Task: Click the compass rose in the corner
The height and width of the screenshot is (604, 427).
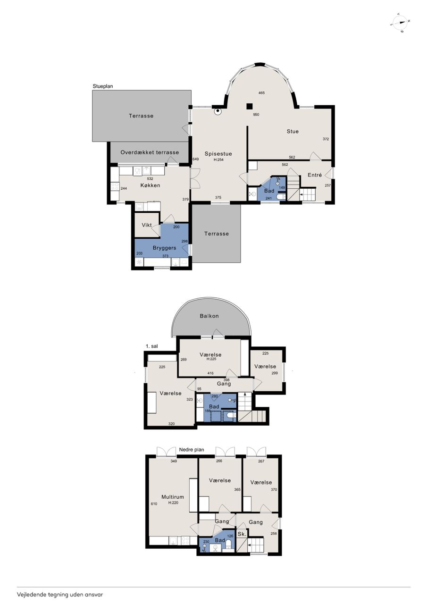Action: [400, 23]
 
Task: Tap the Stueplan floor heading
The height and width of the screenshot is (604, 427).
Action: [103, 86]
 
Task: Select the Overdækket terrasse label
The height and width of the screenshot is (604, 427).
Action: [150, 152]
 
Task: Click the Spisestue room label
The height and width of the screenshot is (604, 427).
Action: [218, 154]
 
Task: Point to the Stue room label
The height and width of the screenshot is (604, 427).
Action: [293, 131]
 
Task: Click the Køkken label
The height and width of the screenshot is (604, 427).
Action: [150, 185]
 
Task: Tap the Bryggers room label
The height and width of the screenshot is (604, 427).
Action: [165, 248]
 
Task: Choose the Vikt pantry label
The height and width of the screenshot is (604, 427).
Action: [147, 225]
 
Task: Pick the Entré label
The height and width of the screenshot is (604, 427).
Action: [315, 175]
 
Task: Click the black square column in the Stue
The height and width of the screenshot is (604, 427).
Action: [250, 106]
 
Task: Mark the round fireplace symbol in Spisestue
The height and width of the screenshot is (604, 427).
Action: [218, 111]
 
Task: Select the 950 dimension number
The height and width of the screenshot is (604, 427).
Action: [256, 115]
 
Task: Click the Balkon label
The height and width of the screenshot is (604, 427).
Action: [209, 316]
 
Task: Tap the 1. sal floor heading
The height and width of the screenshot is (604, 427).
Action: [152, 346]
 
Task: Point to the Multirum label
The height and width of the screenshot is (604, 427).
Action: [173, 496]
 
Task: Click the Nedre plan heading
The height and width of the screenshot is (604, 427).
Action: [192, 450]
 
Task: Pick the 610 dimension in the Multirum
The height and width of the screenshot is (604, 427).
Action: [154, 503]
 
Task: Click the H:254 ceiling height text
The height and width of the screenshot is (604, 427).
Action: [218, 159]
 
